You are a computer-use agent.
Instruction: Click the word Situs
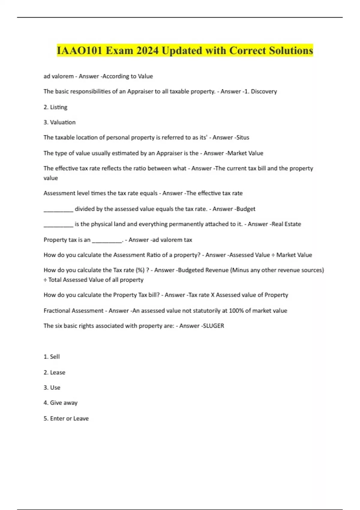243,137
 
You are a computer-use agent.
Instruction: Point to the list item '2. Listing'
55,107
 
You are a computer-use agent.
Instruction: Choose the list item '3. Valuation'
59,122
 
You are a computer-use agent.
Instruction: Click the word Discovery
264,91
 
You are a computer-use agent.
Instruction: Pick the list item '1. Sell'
52,357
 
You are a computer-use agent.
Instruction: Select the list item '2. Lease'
54,372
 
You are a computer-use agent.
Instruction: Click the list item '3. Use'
52,388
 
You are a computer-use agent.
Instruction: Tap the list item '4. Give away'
61,403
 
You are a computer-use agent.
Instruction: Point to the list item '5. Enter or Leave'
66,418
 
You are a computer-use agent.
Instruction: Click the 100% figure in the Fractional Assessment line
236,311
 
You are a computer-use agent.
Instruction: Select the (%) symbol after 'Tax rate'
140,270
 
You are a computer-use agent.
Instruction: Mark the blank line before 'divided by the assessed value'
58,209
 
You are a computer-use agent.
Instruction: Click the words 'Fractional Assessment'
73,311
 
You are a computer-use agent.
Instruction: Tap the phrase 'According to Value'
127,76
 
